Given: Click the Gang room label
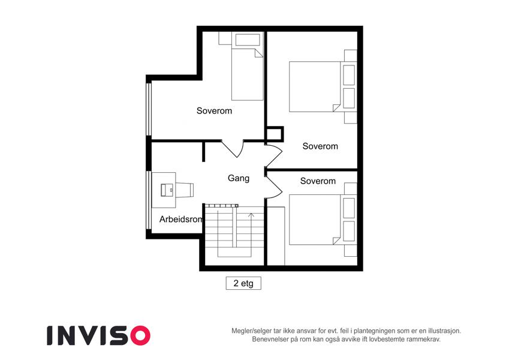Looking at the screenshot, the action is (x=239, y=178).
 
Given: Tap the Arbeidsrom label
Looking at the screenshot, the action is (x=181, y=220).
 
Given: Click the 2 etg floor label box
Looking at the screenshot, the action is (x=243, y=283).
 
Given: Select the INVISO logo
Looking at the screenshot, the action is (x=99, y=335).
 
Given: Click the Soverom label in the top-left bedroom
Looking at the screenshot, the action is (x=214, y=111).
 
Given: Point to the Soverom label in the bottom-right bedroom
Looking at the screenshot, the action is (x=318, y=181).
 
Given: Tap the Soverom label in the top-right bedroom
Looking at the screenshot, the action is (x=320, y=146).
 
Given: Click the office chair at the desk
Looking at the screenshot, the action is (x=185, y=190).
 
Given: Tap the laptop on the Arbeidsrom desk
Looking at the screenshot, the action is (x=167, y=190).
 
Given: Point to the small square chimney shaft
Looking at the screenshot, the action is (x=275, y=134).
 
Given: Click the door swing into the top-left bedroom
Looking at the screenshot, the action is (x=233, y=149).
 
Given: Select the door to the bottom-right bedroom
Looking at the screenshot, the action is (x=273, y=185).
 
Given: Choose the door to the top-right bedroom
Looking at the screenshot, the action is (x=273, y=156).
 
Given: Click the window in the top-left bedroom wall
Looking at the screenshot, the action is (x=149, y=109).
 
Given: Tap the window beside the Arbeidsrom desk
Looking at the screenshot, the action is (x=149, y=200).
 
